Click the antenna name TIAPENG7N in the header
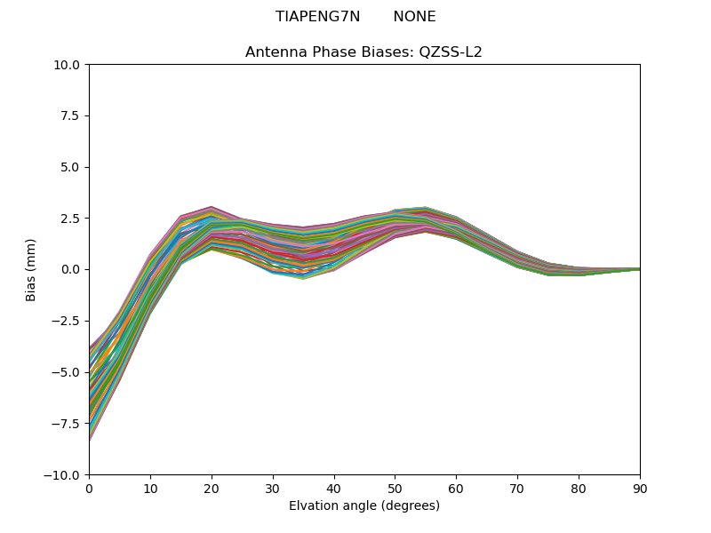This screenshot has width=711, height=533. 317,17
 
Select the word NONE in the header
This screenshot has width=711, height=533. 414,17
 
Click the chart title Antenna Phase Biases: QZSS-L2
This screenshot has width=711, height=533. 363,52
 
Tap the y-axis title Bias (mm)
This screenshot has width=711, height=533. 31,269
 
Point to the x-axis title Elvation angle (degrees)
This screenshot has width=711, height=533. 363,505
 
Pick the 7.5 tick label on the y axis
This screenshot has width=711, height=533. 70,115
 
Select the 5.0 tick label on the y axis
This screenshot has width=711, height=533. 70,167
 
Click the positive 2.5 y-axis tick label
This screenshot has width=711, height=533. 70,219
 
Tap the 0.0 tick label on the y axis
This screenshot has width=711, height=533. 70,269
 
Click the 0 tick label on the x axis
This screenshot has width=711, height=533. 89,488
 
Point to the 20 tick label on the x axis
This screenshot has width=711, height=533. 212,488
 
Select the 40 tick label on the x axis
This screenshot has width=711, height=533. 334,488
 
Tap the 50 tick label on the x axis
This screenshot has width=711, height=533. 395,488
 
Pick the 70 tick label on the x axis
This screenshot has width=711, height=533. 517,488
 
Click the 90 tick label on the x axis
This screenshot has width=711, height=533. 639,488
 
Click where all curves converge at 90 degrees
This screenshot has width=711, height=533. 638,269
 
